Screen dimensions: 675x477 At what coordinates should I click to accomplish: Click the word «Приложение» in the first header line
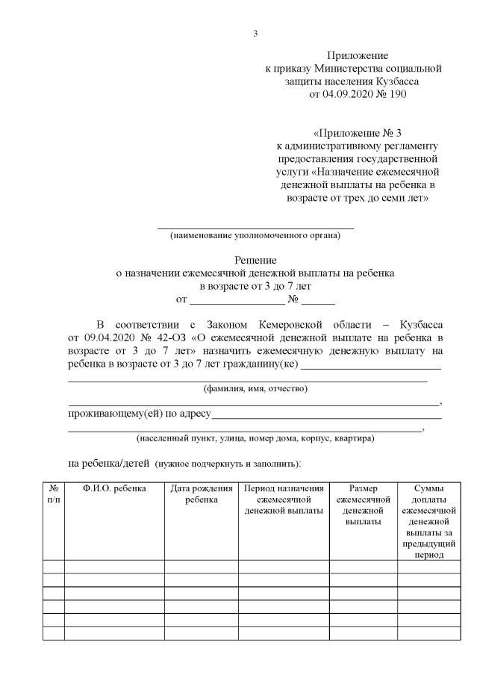[358, 56]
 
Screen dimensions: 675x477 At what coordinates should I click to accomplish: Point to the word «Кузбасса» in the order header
[399, 81]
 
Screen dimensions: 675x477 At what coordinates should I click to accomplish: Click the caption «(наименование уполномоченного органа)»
[255, 236]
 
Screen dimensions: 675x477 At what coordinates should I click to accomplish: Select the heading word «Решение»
[256, 261]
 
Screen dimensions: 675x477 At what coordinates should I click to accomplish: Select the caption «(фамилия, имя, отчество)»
[255, 388]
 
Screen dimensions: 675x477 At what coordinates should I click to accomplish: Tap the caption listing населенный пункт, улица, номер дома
[255, 438]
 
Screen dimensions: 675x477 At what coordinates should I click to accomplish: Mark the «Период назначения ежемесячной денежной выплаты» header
[283, 500]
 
